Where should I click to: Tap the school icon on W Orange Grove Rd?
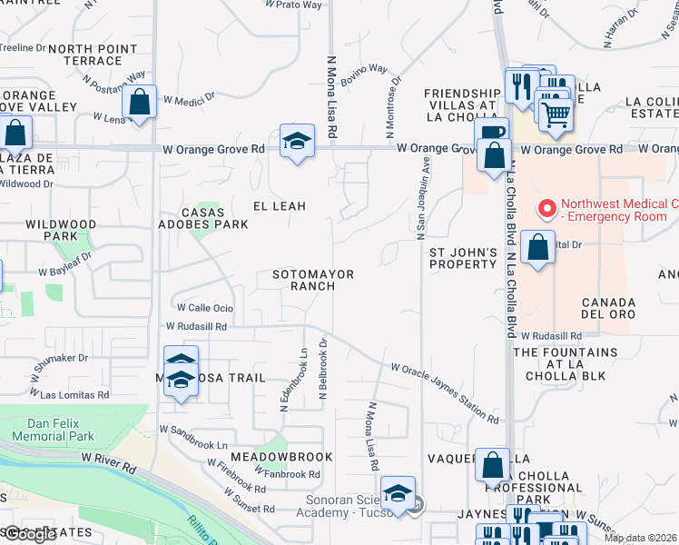click(297, 143)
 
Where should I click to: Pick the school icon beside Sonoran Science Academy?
click(398, 494)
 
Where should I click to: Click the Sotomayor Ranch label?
click(313, 280)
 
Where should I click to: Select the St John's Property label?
click(463, 257)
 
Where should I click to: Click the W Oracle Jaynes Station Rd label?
click(445, 393)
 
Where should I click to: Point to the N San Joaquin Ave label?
click(423, 198)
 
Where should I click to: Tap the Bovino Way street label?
click(364, 76)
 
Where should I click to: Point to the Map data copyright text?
click(641, 538)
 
